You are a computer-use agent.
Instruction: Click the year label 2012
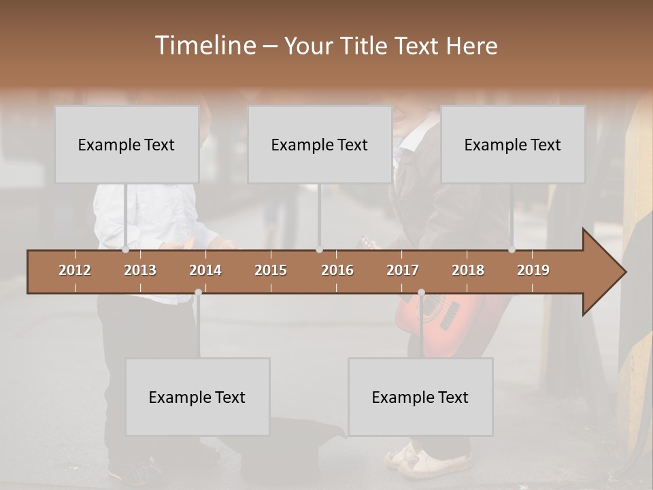(75, 270)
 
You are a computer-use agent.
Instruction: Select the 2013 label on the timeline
(140, 270)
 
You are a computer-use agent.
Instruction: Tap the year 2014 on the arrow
(205, 270)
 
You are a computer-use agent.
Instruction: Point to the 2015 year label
(271, 270)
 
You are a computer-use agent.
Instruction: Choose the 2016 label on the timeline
(337, 270)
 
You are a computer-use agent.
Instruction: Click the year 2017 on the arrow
(403, 270)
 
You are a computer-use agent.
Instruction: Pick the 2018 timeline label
(468, 270)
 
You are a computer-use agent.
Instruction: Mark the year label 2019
(533, 270)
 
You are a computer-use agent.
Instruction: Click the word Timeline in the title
(205, 46)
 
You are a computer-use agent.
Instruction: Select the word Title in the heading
(366, 46)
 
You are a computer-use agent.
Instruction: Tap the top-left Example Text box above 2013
(127, 144)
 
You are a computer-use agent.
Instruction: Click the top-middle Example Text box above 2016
(320, 144)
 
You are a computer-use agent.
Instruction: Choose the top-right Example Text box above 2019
(513, 144)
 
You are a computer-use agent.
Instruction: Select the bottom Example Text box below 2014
(197, 397)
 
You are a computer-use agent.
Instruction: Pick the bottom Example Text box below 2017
(420, 397)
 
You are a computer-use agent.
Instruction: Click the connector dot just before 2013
(125, 250)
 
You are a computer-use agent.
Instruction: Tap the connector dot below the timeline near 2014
(198, 293)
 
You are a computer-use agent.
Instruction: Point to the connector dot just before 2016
(319, 250)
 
